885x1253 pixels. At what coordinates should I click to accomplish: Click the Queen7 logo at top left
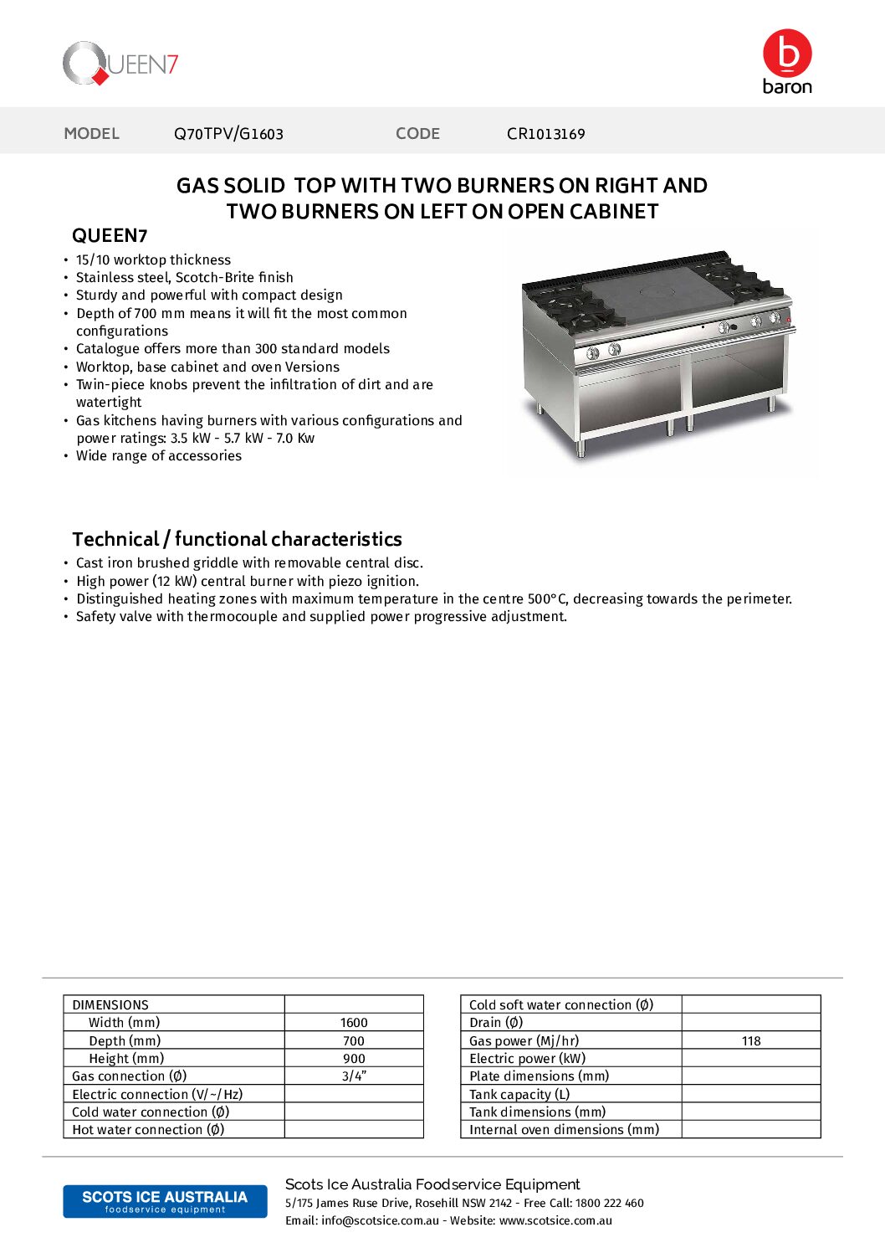coord(120,64)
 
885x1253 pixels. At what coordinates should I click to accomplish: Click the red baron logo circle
coord(787,53)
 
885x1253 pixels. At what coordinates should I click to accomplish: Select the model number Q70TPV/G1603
coord(228,134)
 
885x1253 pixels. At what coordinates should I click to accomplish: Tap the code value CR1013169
coord(545,134)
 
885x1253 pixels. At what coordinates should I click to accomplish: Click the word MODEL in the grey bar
coord(92,134)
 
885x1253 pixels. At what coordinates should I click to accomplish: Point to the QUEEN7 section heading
coord(110,236)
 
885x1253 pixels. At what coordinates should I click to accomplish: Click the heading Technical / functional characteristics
coord(237,539)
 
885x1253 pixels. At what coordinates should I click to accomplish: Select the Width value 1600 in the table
coord(354,1023)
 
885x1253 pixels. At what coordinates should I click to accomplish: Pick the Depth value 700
coord(354,1041)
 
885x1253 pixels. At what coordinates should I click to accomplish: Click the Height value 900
coord(354,1059)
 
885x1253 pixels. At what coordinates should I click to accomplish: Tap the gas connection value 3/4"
coord(354,1076)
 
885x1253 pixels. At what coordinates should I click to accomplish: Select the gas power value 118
coord(751,1041)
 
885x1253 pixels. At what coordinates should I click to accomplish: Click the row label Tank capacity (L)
coord(519,1095)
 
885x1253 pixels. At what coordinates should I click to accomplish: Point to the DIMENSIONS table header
coord(110,1005)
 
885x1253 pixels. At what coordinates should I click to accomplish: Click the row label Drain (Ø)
coord(496,1023)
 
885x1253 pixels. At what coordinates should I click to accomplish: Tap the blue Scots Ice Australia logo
coord(165,1201)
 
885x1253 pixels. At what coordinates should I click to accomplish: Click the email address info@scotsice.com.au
coord(380,1221)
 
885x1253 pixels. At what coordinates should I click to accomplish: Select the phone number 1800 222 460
coord(610,1204)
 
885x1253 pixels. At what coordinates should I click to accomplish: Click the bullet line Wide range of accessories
coord(159,456)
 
